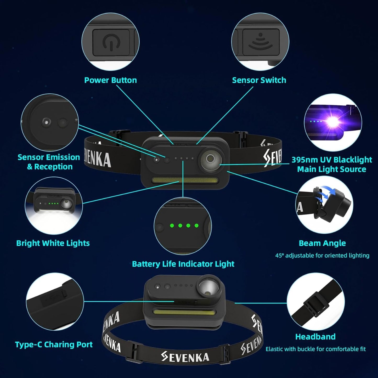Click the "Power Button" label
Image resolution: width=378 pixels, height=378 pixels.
(110, 80)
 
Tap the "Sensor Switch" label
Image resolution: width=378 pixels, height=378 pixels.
(259, 80)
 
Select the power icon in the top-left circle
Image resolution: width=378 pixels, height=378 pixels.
(111, 43)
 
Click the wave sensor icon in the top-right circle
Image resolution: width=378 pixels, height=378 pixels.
(260, 42)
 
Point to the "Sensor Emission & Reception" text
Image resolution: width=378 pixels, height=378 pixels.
(49, 162)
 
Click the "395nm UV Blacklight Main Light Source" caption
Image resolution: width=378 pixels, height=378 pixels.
(331, 164)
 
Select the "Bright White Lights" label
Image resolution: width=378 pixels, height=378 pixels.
(53, 243)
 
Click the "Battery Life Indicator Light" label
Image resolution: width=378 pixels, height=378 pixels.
(183, 264)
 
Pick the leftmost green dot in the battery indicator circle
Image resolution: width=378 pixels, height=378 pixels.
(172, 225)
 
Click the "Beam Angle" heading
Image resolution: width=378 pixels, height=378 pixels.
(322, 243)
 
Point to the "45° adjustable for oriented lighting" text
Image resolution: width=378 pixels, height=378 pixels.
(322, 255)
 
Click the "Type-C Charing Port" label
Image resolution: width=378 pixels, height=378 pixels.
(54, 345)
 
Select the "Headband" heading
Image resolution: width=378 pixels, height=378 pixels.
(315, 336)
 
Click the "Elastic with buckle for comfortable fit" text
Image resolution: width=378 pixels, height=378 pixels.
(315, 349)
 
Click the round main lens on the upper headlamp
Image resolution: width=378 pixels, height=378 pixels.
(210, 159)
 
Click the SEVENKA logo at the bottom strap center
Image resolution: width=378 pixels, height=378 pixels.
(185, 357)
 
